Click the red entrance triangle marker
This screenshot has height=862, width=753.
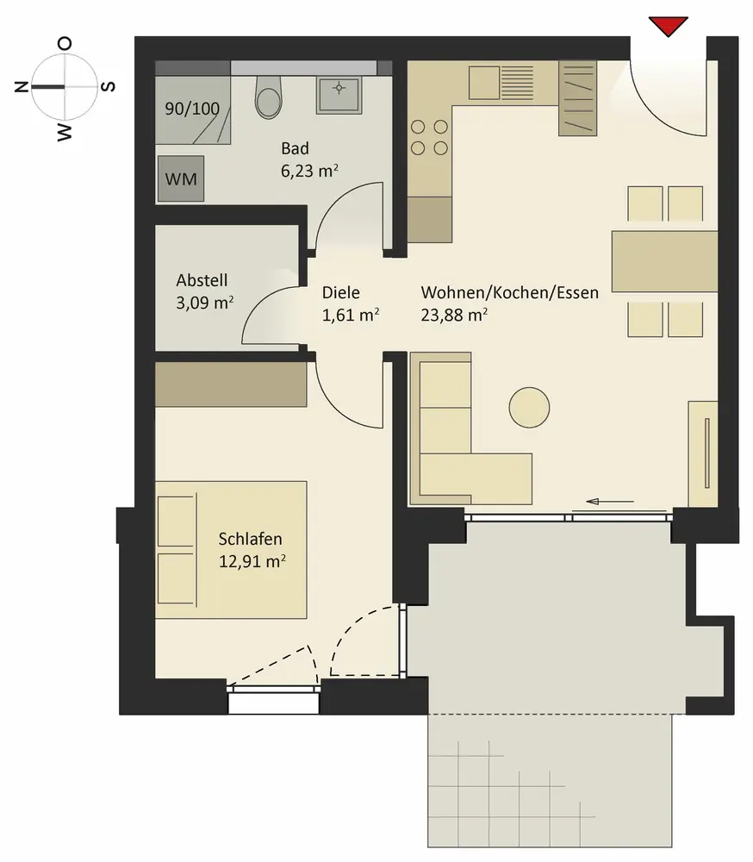669,26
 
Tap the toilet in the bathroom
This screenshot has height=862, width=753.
269,97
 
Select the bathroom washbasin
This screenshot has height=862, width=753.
339,95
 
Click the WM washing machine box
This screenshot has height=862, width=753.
181,178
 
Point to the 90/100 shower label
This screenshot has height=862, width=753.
192,109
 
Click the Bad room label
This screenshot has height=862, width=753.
295,148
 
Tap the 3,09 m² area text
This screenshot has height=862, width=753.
204,303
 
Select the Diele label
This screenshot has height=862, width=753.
341,292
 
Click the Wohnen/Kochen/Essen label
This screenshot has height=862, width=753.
509,292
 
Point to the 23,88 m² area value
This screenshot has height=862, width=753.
454,315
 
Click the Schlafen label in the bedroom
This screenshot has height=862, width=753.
250,539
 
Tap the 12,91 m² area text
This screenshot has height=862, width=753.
252,561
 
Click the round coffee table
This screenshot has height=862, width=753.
529,408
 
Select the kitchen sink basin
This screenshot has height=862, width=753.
484,83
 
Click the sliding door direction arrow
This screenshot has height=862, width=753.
610,502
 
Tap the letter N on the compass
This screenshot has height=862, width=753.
22,86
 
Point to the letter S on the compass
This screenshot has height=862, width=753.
109,86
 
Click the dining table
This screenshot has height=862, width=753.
664,261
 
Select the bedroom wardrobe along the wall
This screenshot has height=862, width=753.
231,384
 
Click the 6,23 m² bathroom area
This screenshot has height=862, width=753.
309,171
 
